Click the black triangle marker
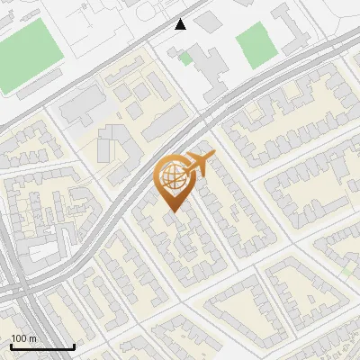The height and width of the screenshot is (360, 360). pyautogui.click(x=181, y=24)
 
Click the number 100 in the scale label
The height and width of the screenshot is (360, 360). pyautogui.click(x=18, y=338)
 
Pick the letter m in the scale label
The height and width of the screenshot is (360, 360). pyautogui.click(x=32, y=338)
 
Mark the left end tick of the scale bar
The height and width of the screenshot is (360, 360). pyautogui.click(x=11, y=346)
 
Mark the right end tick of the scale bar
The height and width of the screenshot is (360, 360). pyautogui.click(x=74, y=346)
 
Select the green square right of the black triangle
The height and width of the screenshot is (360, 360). pyautogui.click(x=255, y=41)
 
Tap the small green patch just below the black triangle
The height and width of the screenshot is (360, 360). pyautogui.click(x=185, y=58)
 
